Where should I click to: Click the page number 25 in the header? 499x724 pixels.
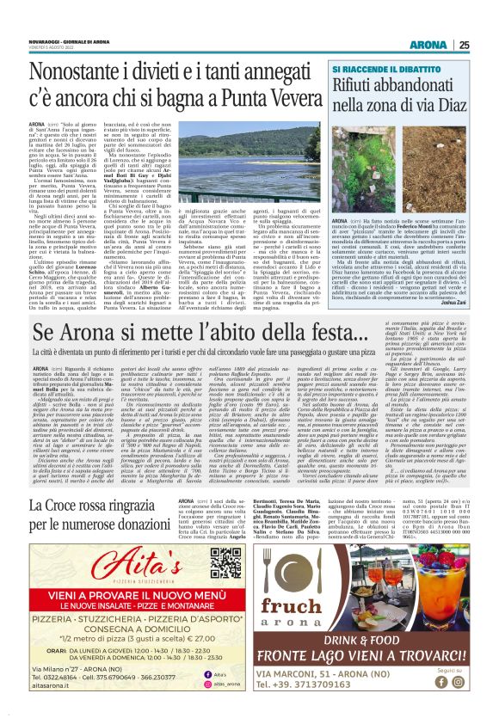[x=488, y=21]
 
